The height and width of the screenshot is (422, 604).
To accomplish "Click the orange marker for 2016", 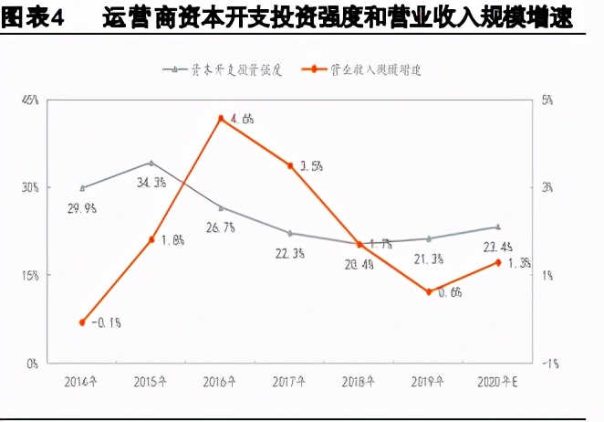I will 221,119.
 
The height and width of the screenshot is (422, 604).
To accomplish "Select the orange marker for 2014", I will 82,322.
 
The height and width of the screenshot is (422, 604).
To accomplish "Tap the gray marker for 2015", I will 151,163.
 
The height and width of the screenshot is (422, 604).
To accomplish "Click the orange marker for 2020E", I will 497,262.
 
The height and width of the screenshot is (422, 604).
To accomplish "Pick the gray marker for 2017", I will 290,233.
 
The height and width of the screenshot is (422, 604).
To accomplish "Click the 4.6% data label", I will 242,119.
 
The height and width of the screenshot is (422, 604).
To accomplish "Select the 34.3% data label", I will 151,183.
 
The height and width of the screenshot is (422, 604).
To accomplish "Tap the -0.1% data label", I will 108,322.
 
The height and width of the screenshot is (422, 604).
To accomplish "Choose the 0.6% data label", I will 450,292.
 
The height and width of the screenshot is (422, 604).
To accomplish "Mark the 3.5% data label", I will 311,166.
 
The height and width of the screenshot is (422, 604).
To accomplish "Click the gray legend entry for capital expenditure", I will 224,69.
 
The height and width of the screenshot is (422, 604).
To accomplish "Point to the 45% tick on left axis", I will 30,100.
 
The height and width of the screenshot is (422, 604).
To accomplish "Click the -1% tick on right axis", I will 549,363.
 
